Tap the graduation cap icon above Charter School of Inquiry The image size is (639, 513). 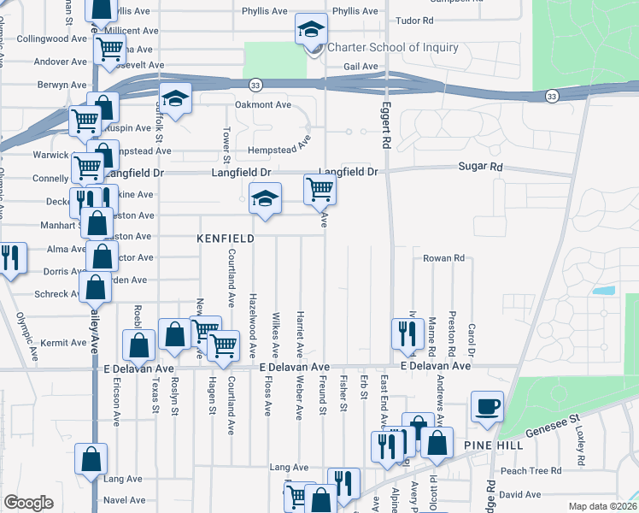tap(310, 30)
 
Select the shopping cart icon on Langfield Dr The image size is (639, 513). tap(319, 189)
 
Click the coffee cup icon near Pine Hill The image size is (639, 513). tap(488, 406)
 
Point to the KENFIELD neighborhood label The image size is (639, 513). tap(226, 239)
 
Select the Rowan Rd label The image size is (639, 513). tap(443, 257)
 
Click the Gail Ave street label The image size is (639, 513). tap(360, 66)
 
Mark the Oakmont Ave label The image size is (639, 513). tap(263, 104)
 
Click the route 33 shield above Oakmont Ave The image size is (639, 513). tap(255, 85)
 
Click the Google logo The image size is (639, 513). tap(29, 503)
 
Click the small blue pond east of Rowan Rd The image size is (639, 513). tap(604, 290)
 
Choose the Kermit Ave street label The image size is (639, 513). tap(63, 342)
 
